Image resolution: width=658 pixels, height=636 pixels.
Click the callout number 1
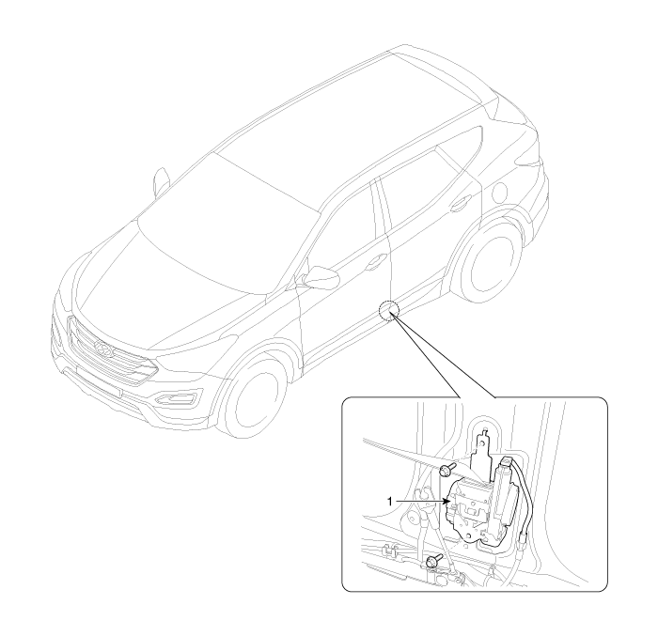[390, 502]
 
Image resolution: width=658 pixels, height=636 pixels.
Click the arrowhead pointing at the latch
[446, 502]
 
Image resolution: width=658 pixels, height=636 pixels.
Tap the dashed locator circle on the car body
[388, 311]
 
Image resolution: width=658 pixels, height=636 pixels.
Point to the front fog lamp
[177, 397]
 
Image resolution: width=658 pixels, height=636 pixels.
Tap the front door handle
[375, 262]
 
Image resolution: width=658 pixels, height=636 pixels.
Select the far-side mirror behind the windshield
[162, 181]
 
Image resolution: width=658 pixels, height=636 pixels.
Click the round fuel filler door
[502, 192]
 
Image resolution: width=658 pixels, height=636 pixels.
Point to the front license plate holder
[99, 381]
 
